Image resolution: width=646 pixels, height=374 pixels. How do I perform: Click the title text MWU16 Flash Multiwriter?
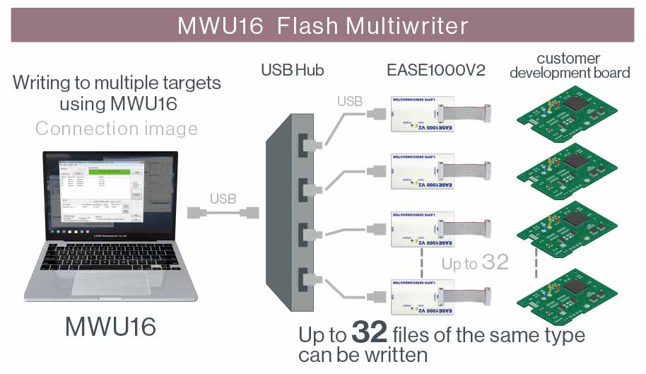tap(322, 25)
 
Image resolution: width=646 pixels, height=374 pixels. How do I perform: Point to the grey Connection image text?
tap(117, 129)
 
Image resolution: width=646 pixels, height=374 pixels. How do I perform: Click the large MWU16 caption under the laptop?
tap(110, 327)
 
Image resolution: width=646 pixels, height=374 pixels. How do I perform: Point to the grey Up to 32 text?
tap(475, 263)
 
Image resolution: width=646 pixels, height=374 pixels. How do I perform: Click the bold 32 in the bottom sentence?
tap(369, 333)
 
